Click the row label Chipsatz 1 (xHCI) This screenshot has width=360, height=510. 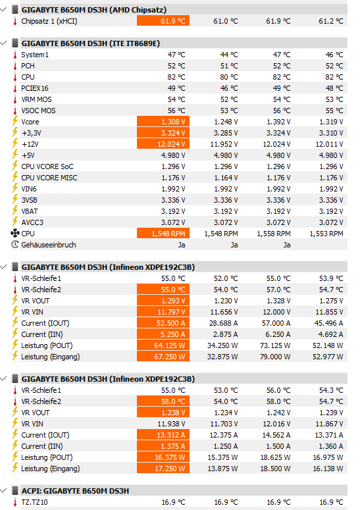49,21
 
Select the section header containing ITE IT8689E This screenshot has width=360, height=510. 91,43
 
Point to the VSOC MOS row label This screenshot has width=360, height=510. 38,111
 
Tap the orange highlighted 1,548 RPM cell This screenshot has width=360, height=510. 163,234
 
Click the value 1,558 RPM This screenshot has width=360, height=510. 274,234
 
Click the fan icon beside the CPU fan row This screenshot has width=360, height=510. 15,233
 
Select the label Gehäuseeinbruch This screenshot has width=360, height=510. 49,245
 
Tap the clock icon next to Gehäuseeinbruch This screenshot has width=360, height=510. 15,245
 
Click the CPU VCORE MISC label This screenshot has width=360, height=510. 49,178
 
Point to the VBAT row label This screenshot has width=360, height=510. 29,211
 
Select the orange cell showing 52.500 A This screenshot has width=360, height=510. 163,323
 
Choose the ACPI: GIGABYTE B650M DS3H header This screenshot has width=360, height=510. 75,491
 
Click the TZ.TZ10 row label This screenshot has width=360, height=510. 34,502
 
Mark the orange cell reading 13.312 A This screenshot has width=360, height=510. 163,435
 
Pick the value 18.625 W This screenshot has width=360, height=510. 276,457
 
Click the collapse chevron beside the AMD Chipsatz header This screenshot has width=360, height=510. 3,9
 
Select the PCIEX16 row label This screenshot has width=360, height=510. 35,88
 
